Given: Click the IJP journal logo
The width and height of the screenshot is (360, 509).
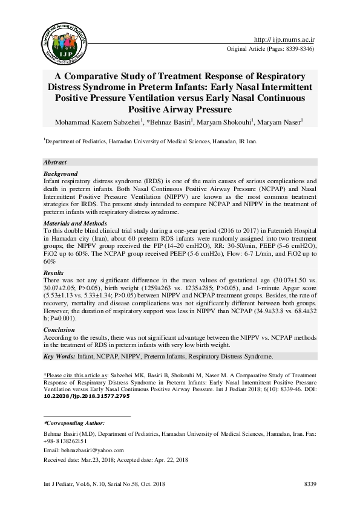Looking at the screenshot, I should [60, 43].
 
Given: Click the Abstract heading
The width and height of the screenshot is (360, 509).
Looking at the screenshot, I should [56, 163].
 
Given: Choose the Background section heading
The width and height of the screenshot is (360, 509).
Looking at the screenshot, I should [61, 173].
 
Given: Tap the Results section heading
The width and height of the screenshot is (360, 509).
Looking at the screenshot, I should [54, 273].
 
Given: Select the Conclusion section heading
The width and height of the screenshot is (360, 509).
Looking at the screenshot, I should [59, 330].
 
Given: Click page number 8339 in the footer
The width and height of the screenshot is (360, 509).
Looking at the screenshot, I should [310, 485].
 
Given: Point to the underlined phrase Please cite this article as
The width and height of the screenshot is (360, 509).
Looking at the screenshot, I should [74, 375].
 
